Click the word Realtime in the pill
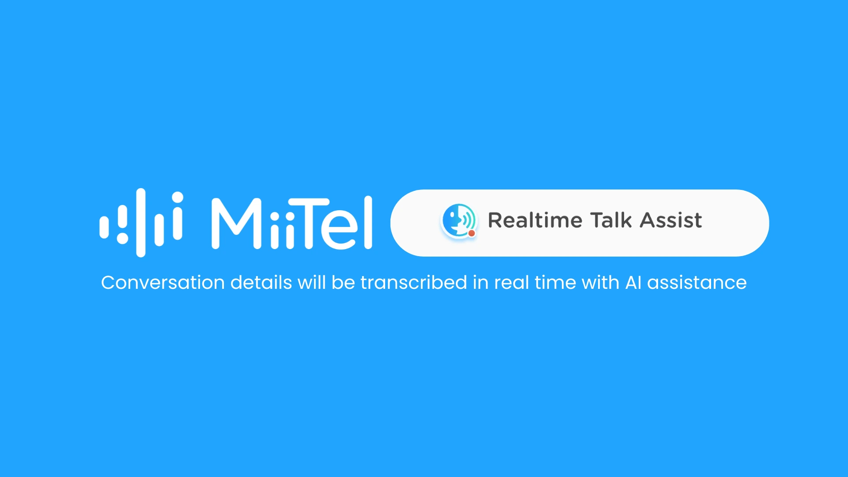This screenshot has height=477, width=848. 535,220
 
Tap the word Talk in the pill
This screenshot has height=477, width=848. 611,220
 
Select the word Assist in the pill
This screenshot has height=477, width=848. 671,220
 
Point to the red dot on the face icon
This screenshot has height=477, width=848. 472,233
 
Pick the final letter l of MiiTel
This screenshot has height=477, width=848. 368,223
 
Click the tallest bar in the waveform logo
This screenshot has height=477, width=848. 141,223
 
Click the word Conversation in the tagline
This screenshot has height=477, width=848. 163,283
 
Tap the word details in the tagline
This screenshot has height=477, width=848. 261,283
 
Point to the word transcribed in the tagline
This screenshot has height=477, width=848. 414,283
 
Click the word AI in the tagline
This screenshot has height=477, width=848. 633,283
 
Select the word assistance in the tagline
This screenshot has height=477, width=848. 697,283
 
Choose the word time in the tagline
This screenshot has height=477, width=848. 555,283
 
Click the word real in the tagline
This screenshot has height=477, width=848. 511,283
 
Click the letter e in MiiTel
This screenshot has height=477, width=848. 339,230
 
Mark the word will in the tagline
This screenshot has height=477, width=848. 311,283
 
